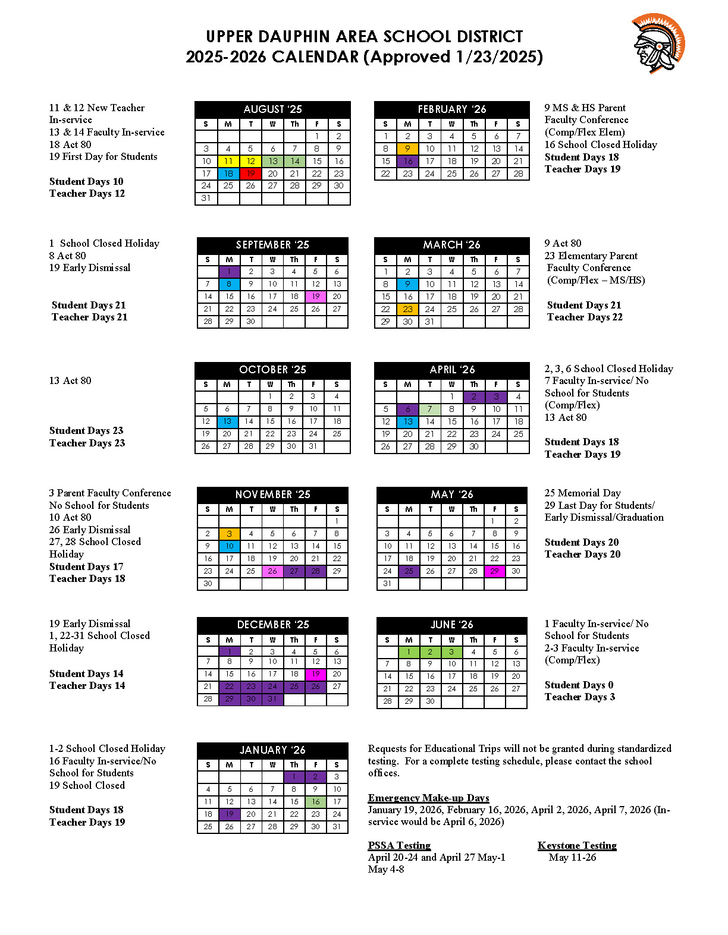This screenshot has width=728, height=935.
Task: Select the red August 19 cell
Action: [x=250, y=174]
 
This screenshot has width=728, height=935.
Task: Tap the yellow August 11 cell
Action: [x=228, y=161]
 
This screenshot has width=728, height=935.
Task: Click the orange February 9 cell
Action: [x=407, y=149]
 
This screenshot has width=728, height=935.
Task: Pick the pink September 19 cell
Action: [x=316, y=296]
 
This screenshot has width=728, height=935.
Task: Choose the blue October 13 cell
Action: [x=227, y=421]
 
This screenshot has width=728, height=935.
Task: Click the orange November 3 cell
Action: [x=230, y=534]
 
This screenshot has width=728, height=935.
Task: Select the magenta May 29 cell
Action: [x=494, y=571]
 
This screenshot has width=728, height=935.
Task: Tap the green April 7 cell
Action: [x=429, y=409]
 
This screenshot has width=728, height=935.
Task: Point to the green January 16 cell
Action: [x=316, y=802]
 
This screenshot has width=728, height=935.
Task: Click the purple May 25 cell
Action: [x=409, y=571]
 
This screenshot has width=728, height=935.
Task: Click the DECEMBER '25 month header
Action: [x=272, y=625]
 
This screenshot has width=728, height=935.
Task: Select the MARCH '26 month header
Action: [x=451, y=245]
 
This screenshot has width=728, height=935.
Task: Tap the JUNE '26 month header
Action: [x=451, y=625]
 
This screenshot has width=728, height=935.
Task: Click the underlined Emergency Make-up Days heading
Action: [x=428, y=798]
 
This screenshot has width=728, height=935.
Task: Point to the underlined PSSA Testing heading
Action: [x=399, y=845]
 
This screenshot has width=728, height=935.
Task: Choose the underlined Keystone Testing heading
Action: [x=577, y=845]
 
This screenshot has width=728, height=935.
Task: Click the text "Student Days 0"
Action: [x=579, y=685]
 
